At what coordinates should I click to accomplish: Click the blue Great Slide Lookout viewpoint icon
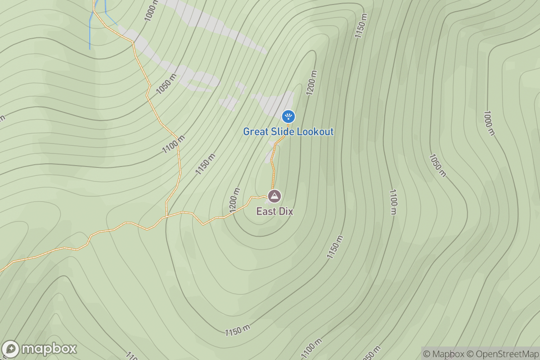(x=288, y=117)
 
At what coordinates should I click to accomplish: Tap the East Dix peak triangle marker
(x=274, y=196)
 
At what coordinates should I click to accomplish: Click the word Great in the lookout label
(x=255, y=132)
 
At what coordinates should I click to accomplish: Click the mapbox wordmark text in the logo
(x=49, y=349)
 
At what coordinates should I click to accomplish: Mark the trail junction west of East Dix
(x=166, y=216)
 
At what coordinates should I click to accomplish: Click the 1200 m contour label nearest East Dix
(x=234, y=200)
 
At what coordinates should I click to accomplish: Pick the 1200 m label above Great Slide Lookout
(x=311, y=83)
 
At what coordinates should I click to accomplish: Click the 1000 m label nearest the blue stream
(x=151, y=10)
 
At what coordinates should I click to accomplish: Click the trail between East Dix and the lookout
(x=273, y=166)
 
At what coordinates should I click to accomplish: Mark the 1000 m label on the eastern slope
(x=489, y=123)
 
